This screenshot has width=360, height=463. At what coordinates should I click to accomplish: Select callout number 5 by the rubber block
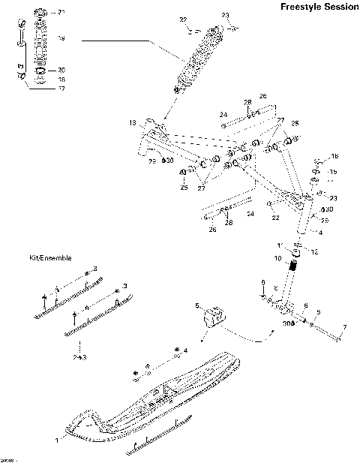(x=198, y=305)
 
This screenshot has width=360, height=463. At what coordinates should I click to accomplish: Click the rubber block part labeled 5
(x=216, y=317)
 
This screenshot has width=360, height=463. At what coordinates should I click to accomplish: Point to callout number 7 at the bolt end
(x=344, y=327)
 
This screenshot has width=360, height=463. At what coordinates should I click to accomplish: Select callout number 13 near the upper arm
(x=131, y=122)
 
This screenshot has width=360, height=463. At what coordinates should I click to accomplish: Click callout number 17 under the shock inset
(x=61, y=88)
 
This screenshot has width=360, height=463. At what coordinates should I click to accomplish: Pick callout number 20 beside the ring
(x=61, y=70)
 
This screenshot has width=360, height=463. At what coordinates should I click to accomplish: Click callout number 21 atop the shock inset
(x=61, y=13)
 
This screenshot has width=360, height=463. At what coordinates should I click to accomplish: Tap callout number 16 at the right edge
(x=334, y=156)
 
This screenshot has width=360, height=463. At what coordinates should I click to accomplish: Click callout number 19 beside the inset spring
(x=61, y=38)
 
